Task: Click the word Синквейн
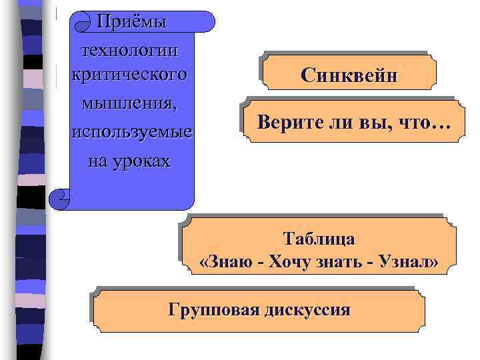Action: tap(349, 75)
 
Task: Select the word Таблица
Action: tap(319, 239)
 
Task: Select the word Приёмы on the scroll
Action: tap(132, 21)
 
